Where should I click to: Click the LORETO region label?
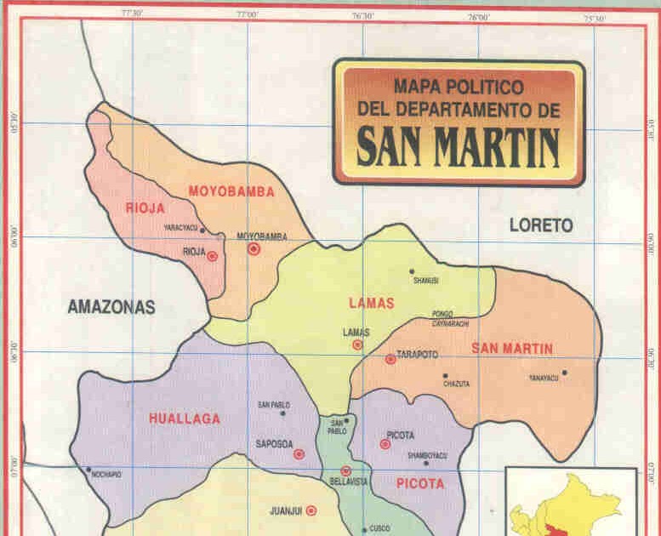pos(541,225)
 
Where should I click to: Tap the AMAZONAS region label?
pos(111,308)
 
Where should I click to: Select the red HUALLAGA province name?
pos(184,419)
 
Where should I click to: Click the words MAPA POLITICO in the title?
pos(459,86)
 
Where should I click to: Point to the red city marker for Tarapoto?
pos(390,359)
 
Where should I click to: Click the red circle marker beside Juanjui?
pos(311,510)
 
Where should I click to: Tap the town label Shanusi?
pos(425,280)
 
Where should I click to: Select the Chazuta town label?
pos(456,384)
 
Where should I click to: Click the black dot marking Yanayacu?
pos(564,372)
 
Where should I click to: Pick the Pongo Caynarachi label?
pos(450,318)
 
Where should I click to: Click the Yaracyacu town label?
pos(180,228)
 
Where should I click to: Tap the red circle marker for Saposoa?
pos(299,454)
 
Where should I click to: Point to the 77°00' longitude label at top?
pos(247,14)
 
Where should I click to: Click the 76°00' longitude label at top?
pos(479,16)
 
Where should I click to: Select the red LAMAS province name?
pos(372,303)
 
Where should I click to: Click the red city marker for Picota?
pos(385,444)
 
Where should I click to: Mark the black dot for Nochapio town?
pos(88,469)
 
